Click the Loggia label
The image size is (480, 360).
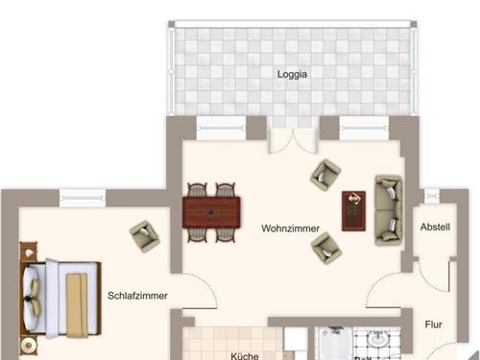(x=292, y=72)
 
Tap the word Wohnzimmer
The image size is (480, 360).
(x=289, y=228)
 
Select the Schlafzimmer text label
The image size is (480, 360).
(x=137, y=296)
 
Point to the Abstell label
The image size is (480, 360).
(x=435, y=227)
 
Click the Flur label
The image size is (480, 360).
(x=434, y=324)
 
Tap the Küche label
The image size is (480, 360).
(x=245, y=355)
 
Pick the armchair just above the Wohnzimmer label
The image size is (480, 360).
(x=324, y=175)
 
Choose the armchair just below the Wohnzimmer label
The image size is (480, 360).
(x=324, y=248)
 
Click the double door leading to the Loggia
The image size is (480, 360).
(x=289, y=141)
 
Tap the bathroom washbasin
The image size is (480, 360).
(x=377, y=341)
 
